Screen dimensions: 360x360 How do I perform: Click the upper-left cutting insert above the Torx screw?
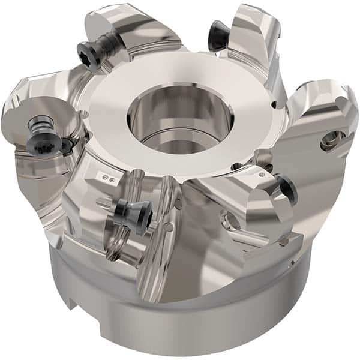[114, 24]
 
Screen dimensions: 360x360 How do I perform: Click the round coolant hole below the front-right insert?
[231, 222]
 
